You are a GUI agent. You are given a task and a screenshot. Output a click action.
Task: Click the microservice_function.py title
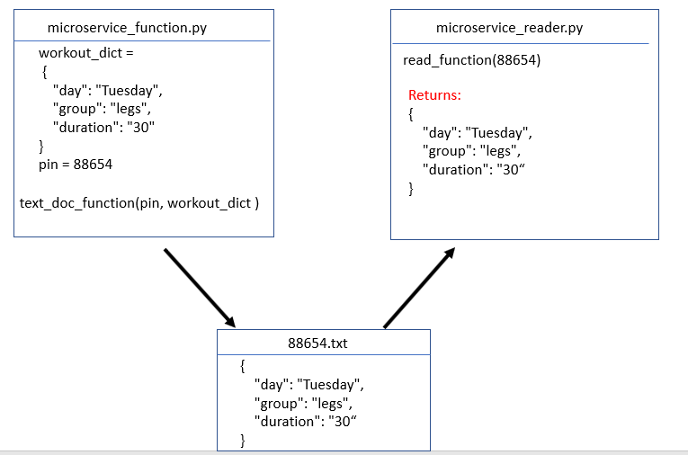pos(127,28)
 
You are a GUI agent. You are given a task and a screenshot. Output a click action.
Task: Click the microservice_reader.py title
pos(509,28)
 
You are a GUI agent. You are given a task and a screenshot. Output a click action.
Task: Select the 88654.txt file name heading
pos(317,343)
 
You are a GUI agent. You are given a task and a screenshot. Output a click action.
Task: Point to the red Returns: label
pos(434,95)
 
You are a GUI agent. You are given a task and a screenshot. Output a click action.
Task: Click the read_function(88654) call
pos(472,60)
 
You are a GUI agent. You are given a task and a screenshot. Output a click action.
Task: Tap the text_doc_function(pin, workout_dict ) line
pos(139,202)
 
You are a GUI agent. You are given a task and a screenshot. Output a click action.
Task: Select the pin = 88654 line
pos(76,165)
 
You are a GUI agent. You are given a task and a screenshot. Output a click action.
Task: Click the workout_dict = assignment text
pos(85,53)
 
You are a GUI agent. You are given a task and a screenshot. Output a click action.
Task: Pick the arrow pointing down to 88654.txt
pos(200,288)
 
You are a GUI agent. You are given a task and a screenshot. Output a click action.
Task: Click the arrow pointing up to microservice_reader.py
pos(419,288)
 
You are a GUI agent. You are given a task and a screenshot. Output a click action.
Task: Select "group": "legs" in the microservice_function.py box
pos(102,109)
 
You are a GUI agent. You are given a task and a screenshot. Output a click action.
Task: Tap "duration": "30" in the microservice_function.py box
pos(104,127)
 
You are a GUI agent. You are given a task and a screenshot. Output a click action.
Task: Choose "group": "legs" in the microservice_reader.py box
pos(471,151)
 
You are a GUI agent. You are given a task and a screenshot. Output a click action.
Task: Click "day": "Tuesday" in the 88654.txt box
pos(308,385)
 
